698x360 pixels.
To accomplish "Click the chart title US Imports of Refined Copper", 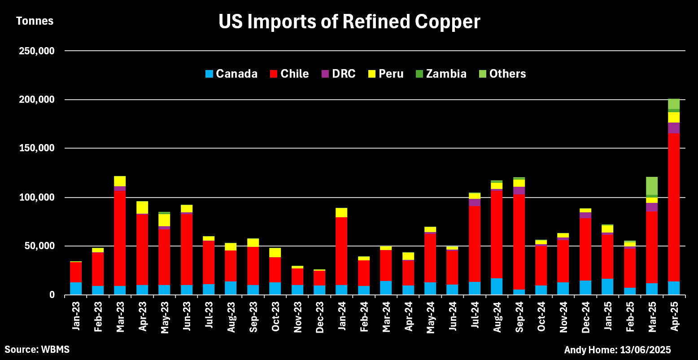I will pyautogui.click(x=349, y=22).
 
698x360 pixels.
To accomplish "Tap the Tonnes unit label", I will pyautogui.click(x=35, y=21).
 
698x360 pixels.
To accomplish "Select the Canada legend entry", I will pyautogui.click(x=231, y=74).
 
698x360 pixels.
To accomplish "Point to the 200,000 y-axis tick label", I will pyautogui.click(x=37, y=99).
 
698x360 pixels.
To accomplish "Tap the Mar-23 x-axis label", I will pyautogui.click(x=120, y=320).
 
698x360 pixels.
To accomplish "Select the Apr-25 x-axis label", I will pyautogui.click(x=674, y=320).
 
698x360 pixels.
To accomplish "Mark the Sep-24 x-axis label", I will pyautogui.click(x=519, y=320).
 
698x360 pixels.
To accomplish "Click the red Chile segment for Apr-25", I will pyautogui.click(x=673, y=206).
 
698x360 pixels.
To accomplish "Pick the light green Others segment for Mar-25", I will pyautogui.click(x=651, y=185).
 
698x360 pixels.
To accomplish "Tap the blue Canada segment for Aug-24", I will pyautogui.click(x=497, y=286).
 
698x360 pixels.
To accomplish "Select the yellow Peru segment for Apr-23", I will pyautogui.click(x=142, y=207).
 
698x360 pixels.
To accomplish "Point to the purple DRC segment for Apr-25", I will pyautogui.click(x=673, y=128).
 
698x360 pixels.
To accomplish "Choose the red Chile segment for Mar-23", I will pyautogui.click(x=120, y=238).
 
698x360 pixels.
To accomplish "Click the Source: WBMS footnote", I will pyautogui.click(x=37, y=349).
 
